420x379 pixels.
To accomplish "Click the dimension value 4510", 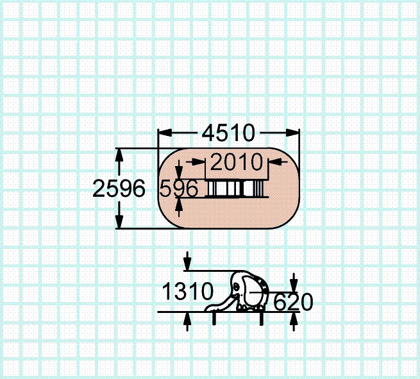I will (228, 133).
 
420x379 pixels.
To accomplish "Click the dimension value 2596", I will (119, 189).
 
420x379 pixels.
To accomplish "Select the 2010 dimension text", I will (237, 163).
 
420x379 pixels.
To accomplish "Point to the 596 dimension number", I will (179, 189).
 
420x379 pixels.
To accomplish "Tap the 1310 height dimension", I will (187, 292).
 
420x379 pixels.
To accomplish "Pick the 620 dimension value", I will (294, 301).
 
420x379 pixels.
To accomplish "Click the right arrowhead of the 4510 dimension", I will (293, 133).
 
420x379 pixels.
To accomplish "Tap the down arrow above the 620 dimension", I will (294, 283).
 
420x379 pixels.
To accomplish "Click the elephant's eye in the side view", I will (239, 285).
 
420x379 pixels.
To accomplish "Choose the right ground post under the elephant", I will (261, 318).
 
